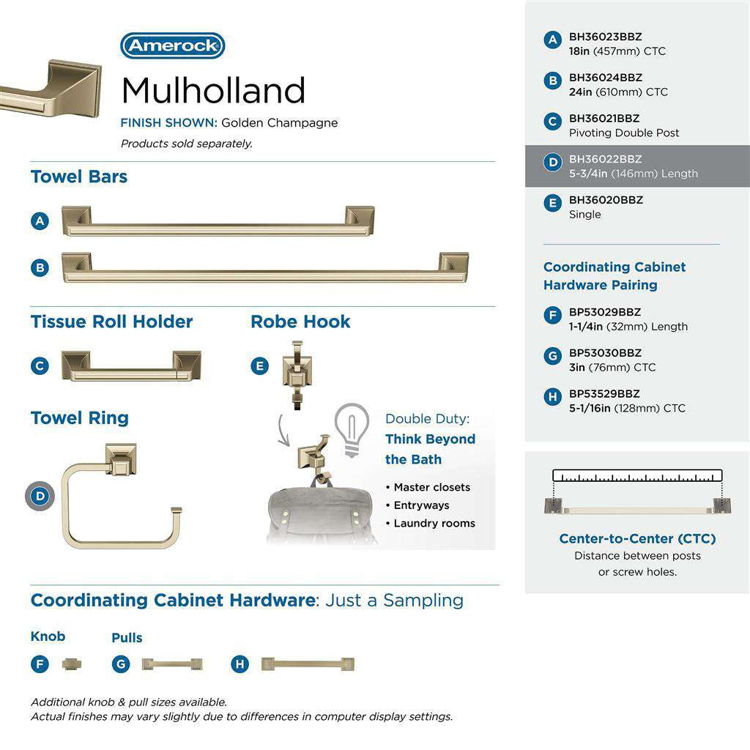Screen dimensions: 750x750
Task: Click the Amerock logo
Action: coord(172,45)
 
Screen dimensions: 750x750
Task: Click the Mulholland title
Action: coord(213,91)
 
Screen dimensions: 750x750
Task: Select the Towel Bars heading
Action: coord(79,177)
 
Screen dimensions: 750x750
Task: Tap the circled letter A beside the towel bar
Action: coord(40,220)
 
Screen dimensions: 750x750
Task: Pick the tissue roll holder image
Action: coord(131,365)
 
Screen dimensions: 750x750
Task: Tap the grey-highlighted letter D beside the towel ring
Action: coord(40,497)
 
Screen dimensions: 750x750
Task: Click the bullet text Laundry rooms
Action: coord(434,523)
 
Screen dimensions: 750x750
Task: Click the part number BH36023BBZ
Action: coord(606,37)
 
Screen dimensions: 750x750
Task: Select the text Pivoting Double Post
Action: coord(624,133)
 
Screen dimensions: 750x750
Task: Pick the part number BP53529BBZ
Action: coord(605,393)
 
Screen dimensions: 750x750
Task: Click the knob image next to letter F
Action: coord(72,664)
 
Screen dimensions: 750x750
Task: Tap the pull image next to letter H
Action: coord(308,664)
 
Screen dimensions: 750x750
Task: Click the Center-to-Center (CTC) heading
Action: coord(637,538)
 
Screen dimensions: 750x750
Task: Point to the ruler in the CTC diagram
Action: coord(637,475)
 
